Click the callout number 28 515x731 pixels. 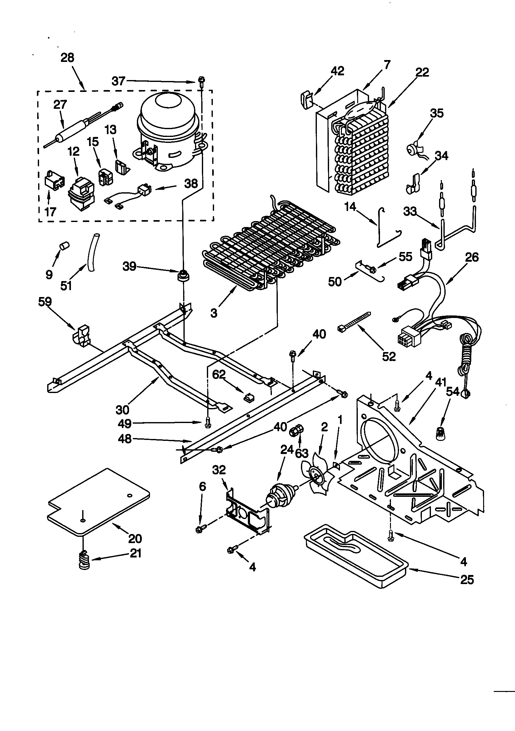(67, 58)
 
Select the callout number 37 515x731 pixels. (118, 81)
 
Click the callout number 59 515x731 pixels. (45, 301)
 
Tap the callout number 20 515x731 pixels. (135, 538)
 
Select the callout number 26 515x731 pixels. (471, 257)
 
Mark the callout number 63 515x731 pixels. (302, 453)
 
